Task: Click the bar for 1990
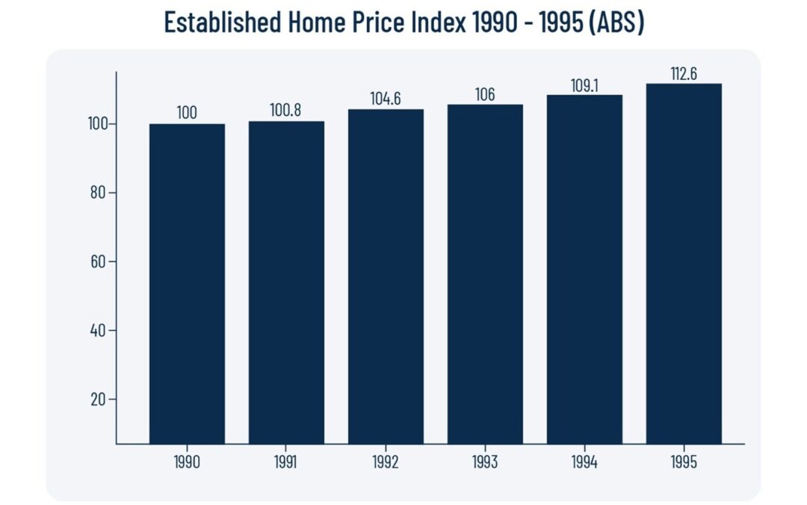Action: pos(187,284)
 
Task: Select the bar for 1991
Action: pos(286,283)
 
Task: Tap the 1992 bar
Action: pos(386,277)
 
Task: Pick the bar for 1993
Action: pos(485,274)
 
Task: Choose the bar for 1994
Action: pos(584,269)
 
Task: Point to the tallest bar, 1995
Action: pos(684,263)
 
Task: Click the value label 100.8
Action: pos(286,111)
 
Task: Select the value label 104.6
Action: pos(386,99)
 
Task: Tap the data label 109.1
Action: pos(584,85)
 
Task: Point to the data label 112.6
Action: pos(684,74)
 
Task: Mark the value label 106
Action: pos(485,94)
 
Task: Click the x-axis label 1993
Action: pos(485,462)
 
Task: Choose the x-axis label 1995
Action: pos(684,462)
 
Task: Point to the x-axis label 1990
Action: pos(187,462)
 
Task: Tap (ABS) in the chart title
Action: pos(616,23)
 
